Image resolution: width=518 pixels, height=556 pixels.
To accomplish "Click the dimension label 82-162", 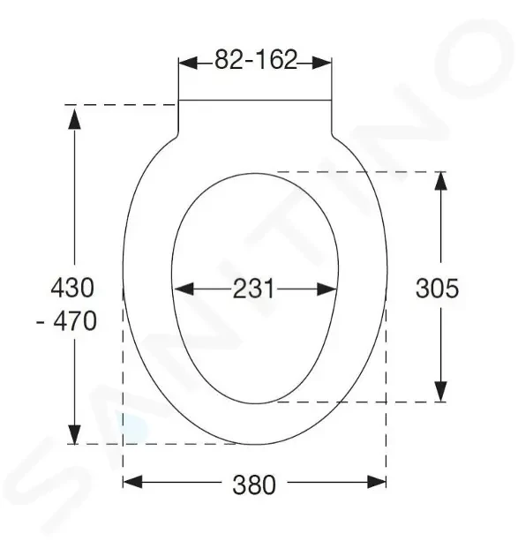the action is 256,60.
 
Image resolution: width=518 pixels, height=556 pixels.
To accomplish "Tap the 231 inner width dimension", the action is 253,289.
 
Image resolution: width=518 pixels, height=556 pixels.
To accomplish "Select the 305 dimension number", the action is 437,288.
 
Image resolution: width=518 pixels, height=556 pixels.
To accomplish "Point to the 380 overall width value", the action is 254,485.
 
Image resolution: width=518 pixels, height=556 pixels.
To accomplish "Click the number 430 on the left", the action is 72,287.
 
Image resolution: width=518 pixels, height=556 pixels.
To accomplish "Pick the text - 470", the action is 66,320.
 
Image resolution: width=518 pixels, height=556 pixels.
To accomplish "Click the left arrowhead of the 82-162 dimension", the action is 188,63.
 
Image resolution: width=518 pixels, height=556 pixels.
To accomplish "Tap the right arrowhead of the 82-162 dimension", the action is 322,63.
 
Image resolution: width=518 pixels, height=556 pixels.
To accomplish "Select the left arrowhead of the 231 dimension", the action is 184,289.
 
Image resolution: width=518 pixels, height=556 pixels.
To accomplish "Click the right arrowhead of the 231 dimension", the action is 327,289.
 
